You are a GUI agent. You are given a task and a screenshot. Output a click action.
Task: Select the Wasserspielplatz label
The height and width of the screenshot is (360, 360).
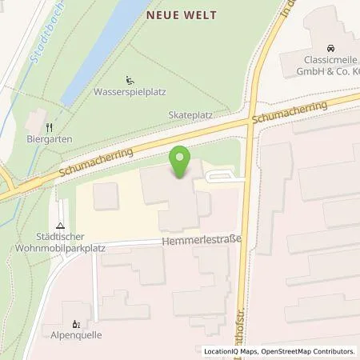tap(130, 91)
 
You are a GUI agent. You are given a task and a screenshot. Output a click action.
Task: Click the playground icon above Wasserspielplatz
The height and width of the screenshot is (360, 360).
tap(130, 79)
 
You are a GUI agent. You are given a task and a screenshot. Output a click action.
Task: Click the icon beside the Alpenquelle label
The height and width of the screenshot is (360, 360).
tap(76, 324)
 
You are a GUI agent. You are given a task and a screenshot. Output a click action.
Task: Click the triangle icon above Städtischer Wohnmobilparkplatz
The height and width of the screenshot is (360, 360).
tap(61, 226)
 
